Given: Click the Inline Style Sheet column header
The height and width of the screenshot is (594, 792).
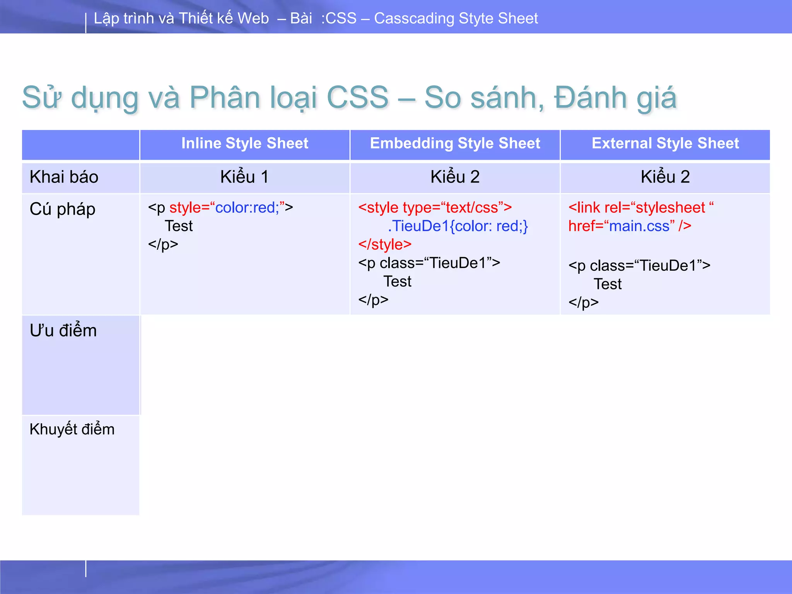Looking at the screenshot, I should [244, 143].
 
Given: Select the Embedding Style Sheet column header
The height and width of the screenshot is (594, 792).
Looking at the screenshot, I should [455, 143].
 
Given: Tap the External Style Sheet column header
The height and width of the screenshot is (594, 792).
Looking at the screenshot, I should [665, 143].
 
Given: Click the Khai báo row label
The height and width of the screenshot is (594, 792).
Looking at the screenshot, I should [64, 177].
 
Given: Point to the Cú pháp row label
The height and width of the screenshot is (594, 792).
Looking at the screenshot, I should [63, 209].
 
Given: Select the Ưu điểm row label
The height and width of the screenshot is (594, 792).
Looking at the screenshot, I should [63, 331].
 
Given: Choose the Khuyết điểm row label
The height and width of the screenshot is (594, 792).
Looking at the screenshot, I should [72, 430].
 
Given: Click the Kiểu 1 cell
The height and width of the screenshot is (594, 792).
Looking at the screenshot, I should [244, 177].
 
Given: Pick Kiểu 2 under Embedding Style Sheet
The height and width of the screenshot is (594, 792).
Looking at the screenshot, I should [455, 177].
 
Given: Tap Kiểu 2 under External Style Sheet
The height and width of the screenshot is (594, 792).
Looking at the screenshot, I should [665, 177].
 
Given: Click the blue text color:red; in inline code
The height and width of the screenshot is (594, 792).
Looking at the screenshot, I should [247, 208].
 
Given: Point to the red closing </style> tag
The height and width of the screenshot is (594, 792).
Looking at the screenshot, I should [385, 244].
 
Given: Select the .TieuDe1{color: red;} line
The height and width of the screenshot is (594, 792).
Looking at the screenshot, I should [458, 226].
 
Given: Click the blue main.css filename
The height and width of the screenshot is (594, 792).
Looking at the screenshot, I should [639, 226].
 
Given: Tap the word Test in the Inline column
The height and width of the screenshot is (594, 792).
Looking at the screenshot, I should [179, 226].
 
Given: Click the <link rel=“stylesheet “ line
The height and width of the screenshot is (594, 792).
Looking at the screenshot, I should [641, 208].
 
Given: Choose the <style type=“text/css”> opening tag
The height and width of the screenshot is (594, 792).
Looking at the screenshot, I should [435, 208].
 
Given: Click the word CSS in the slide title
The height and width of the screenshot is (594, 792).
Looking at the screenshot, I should [357, 97].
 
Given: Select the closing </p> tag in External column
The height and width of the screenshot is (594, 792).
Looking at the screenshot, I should [583, 302].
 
